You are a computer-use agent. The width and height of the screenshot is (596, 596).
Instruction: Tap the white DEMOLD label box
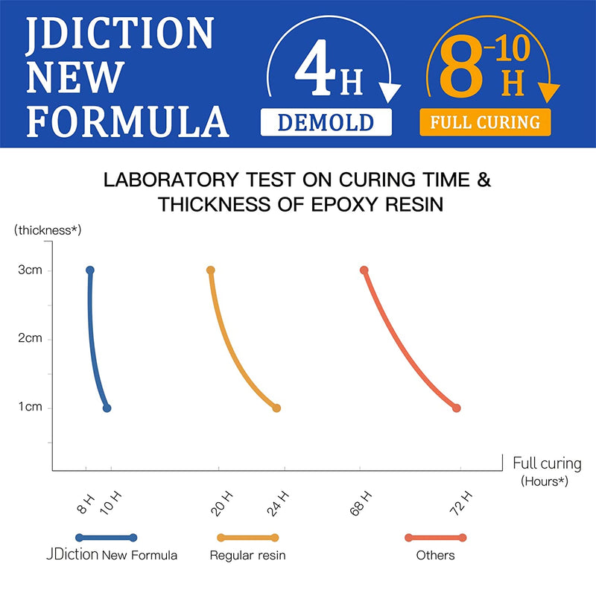pyautogui.click(x=326, y=122)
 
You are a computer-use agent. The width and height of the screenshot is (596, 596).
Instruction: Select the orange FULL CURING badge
pyautogui.click(x=485, y=122)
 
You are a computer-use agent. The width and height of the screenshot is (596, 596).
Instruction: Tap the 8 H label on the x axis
pyautogui.click(x=86, y=504)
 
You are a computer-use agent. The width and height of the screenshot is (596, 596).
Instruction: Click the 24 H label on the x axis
pyautogui.click(x=278, y=504)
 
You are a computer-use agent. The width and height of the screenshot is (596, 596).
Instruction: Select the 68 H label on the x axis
pyautogui.click(x=361, y=504)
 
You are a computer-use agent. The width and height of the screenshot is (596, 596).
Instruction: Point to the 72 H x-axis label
pyautogui.click(x=462, y=504)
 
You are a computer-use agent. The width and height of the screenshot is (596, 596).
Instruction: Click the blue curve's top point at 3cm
pyautogui.click(x=90, y=270)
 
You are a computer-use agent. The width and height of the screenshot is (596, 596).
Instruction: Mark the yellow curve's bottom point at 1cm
pyautogui.click(x=276, y=408)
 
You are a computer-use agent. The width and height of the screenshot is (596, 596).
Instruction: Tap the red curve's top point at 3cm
pyautogui.click(x=364, y=270)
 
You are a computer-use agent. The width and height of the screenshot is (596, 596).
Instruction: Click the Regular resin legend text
pyautogui.click(x=247, y=555)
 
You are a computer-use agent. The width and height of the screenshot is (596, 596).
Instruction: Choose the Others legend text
pyautogui.click(x=435, y=555)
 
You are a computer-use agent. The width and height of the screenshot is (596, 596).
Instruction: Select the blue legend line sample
pyautogui.click(x=107, y=537)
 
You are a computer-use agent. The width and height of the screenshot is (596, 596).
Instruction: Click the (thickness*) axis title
pyautogui.click(x=47, y=229)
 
